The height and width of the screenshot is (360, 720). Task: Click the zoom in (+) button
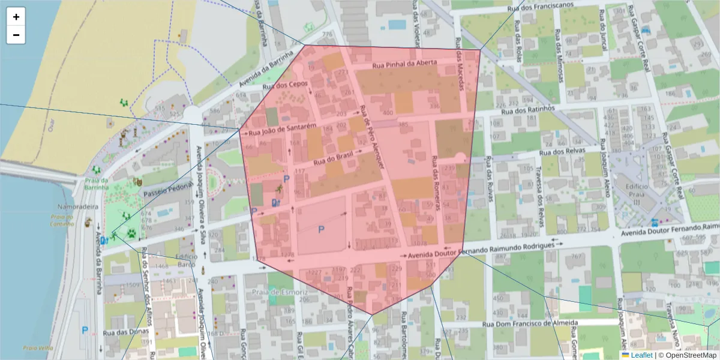coord(16,17)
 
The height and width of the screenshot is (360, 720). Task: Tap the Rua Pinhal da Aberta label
coord(406,65)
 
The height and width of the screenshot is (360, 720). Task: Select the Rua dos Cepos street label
coord(289,85)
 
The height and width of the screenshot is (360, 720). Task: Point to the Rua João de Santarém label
coord(282,129)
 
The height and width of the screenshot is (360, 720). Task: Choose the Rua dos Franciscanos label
coord(520,8)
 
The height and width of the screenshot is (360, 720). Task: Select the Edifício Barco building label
coord(186,260)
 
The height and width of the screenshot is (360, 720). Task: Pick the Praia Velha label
coord(38,347)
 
